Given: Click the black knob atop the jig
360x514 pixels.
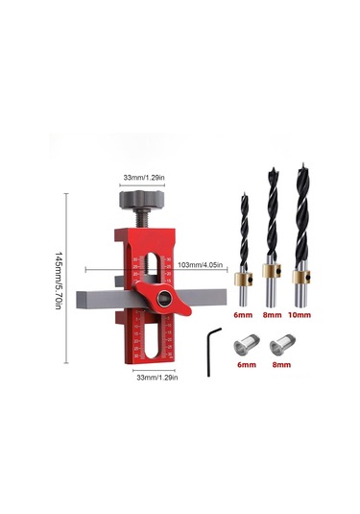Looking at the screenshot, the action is (x=141, y=200).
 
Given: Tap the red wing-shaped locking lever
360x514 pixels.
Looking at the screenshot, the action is (x=162, y=298).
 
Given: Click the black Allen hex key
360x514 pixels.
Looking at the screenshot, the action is (x=213, y=352).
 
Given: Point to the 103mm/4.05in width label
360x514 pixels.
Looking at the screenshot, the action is (x=201, y=265).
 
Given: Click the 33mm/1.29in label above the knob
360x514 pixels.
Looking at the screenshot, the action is (x=144, y=178).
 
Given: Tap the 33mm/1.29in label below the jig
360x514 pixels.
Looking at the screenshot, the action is (x=157, y=378).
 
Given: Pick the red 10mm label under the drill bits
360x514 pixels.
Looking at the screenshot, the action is (x=300, y=315).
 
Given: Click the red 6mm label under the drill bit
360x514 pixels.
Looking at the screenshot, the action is (x=243, y=315).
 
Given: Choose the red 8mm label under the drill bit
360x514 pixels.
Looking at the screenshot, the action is (x=272, y=315).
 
